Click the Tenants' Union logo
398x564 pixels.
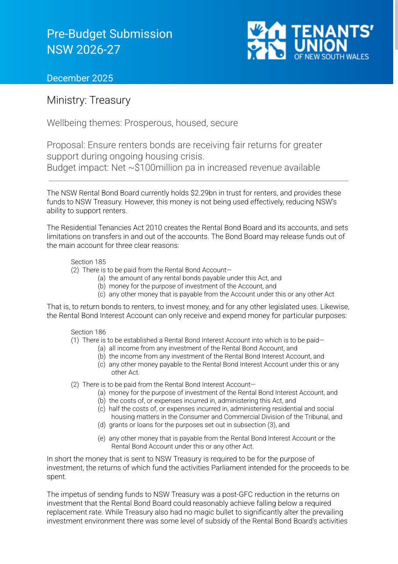pyautogui.click(x=310, y=40)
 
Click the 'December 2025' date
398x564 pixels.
pyautogui.click(x=80, y=78)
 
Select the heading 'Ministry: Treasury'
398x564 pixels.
pyautogui.click(x=89, y=100)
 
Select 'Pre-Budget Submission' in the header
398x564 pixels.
pyautogui.click(x=110, y=34)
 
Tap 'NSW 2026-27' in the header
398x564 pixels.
pyautogui.click(x=83, y=49)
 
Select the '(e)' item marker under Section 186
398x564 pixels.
pyautogui.click(x=101, y=438)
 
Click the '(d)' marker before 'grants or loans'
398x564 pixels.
pyautogui.click(x=101, y=425)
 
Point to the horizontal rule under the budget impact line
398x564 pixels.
pyautogui.click(x=198, y=181)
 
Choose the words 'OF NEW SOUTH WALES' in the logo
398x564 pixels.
pyautogui.click(x=331, y=56)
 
